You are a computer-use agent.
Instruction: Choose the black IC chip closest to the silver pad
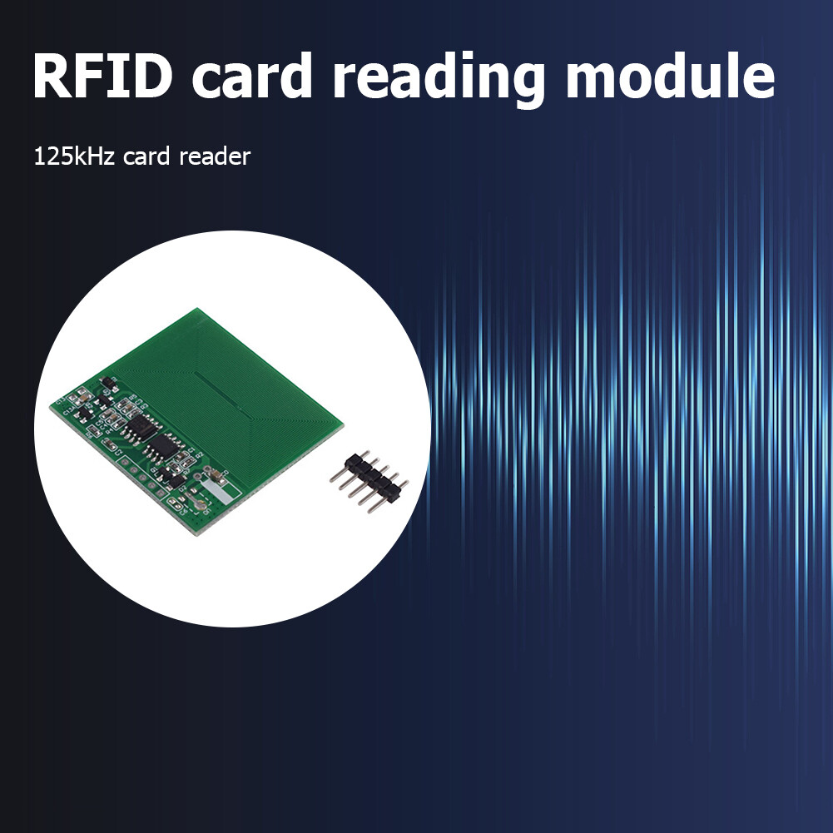[x=162, y=449]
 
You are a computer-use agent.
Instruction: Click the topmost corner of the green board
[x=197, y=309]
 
